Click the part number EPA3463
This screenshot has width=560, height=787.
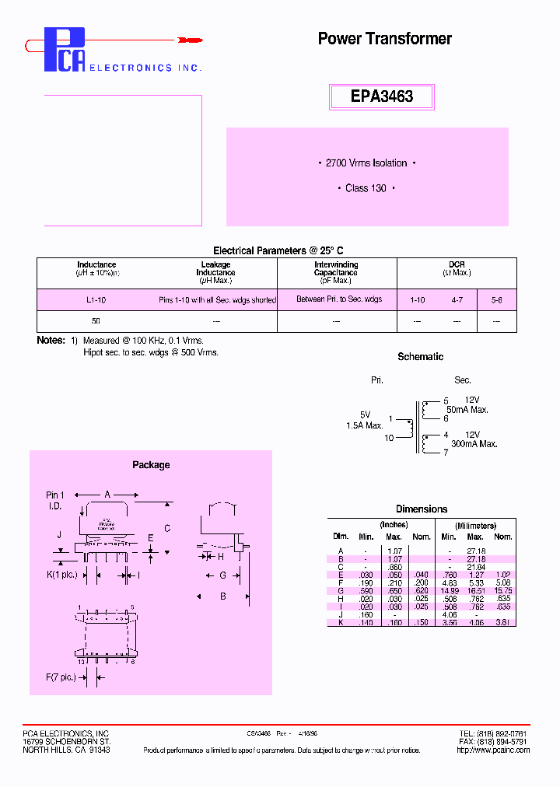382,97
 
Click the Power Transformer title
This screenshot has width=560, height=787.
384,39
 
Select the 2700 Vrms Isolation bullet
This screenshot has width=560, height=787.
367,163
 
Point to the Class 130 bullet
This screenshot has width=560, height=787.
366,189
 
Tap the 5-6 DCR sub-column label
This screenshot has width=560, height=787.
496,299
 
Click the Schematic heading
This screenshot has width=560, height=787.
420,357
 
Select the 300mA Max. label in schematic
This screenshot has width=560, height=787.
474,444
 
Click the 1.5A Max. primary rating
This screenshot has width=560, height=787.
364,425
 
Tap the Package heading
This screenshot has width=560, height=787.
151,465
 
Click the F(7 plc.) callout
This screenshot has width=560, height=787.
61,677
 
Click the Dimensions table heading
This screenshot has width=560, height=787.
422,509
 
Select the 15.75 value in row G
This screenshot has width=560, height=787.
503,590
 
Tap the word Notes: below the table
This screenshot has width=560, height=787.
51,341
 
